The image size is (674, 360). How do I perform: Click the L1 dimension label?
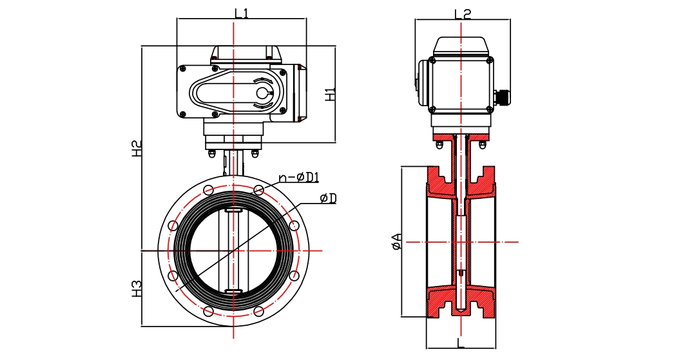(x=242, y=12)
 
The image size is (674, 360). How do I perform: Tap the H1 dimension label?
(x=331, y=94)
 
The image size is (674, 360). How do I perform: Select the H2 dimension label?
(x=137, y=149)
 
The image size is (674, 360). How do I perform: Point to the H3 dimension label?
(x=137, y=288)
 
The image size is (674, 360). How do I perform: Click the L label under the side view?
(x=461, y=343)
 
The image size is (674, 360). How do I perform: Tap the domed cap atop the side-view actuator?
(x=461, y=45)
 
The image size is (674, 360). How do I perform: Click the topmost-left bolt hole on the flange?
(x=208, y=190)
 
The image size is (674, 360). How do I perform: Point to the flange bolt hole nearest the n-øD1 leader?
(x=258, y=190)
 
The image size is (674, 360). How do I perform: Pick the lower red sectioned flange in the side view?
(x=461, y=301)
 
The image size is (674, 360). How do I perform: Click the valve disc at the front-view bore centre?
(x=234, y=251)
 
